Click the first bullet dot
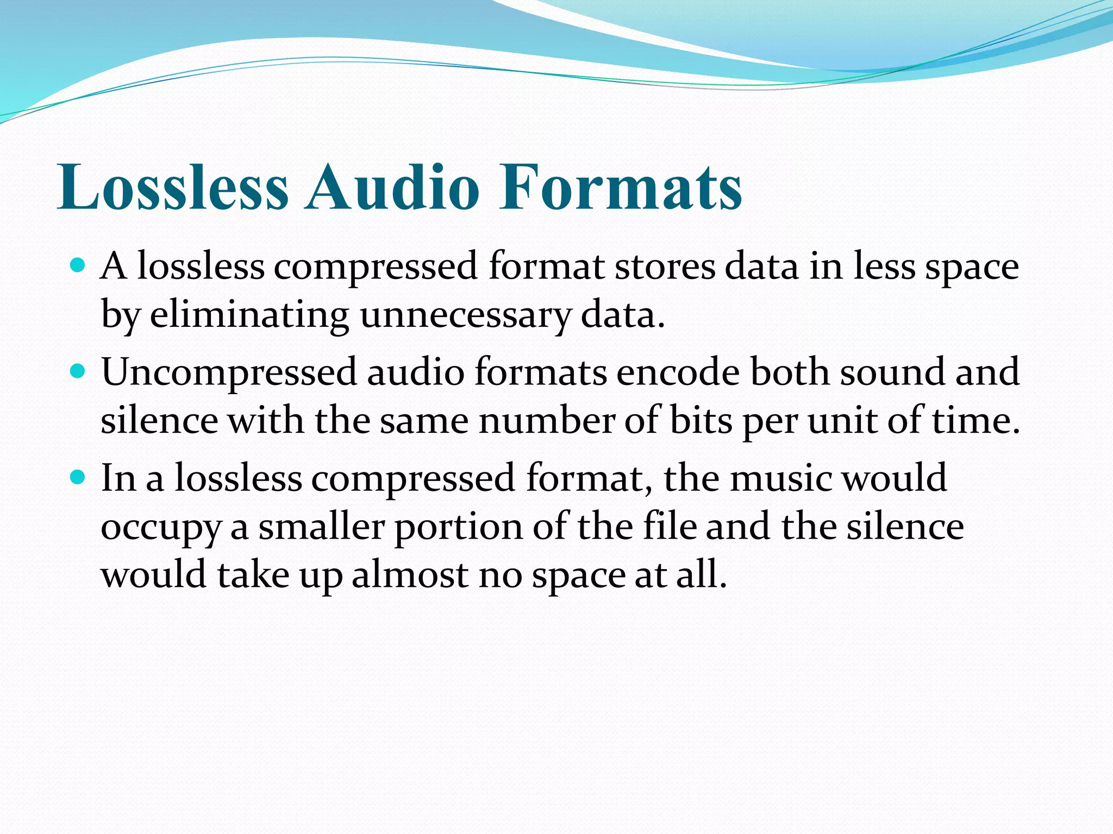pyautogui.click(x=78, y=266)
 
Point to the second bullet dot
pyautogui.click(x=78, y=371)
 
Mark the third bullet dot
pyautogui.click(x=78, y=477)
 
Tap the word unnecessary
pyautogui.click(x=465, y=315)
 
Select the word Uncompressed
pyautogui.click(x=228, y=372)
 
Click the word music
pyautogui.click(x=780, y=478)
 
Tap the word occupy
pyautogui.click(x=161, y=528)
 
